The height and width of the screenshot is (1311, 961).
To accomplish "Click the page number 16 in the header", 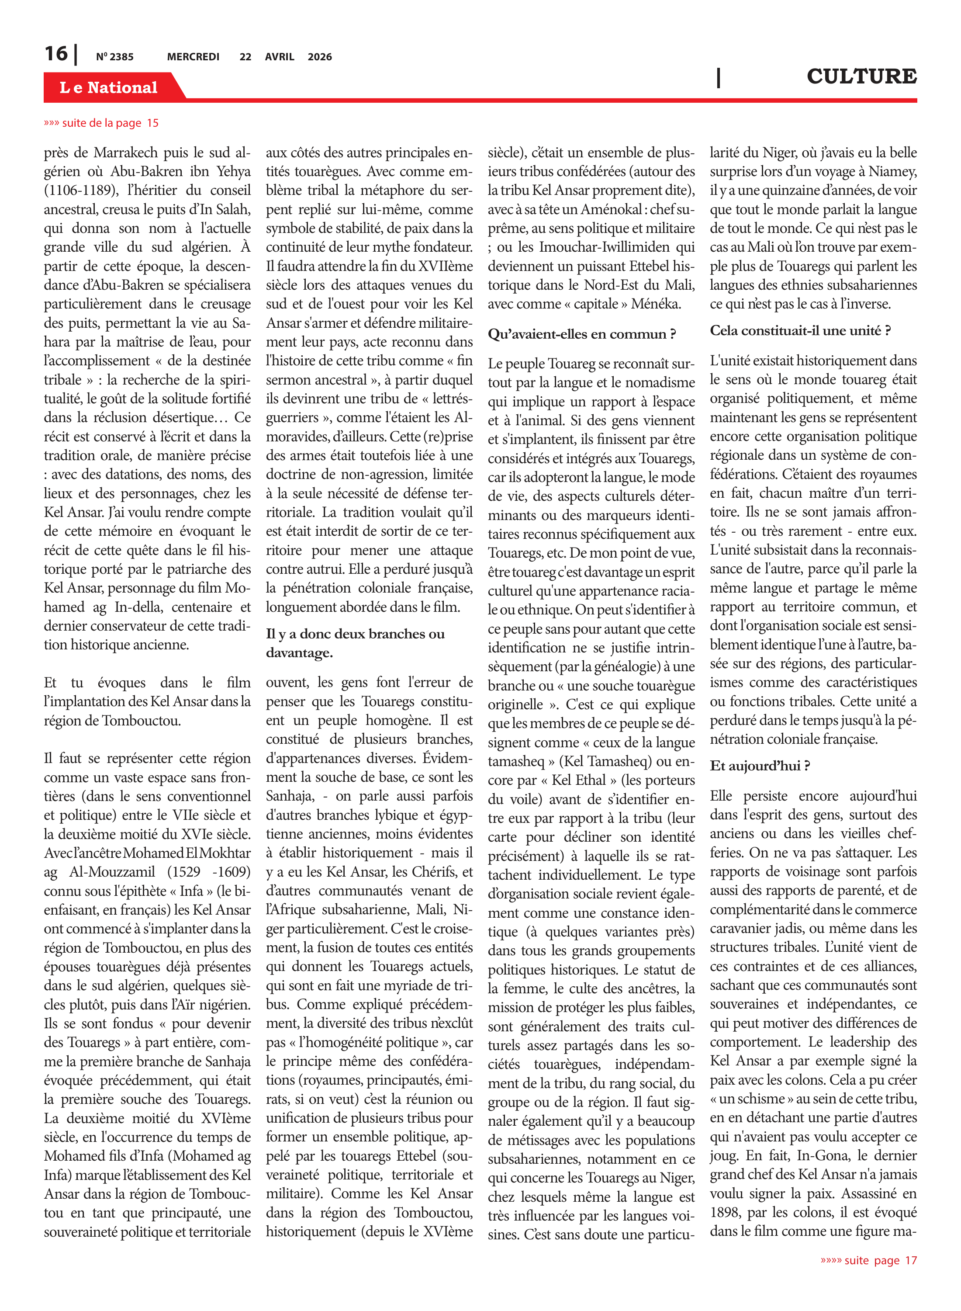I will [x=56, y=54].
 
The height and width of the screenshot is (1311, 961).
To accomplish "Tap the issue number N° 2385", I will [x=114, y=57].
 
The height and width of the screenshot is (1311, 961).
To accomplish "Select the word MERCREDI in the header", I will [x=193, y=57].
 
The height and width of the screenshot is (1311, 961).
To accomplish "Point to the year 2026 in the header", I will [x=319, y=57].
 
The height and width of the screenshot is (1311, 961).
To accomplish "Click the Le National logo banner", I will [x=109, y=87].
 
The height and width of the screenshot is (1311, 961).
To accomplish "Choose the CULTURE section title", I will [x=861, y=76].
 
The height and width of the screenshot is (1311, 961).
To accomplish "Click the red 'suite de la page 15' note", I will [x=101, y=123].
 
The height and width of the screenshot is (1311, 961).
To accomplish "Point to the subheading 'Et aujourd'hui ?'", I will [x=760, y=766].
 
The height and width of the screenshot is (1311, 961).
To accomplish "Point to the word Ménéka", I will [x=656, y=304].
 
